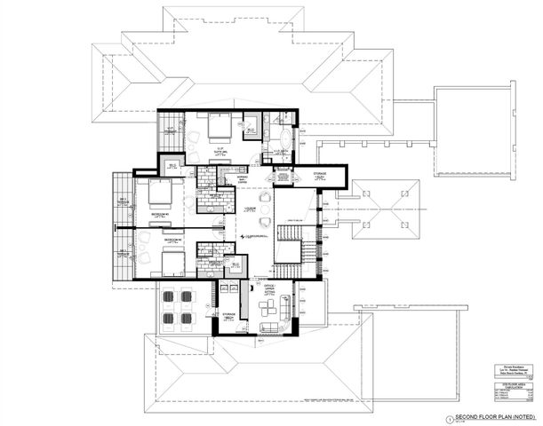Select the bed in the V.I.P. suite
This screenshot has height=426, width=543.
click(218, 130)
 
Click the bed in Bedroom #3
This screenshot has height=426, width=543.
click(158, 193)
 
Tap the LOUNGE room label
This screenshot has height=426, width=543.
click(251, 209)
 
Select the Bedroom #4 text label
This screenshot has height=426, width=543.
click(172, 240)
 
